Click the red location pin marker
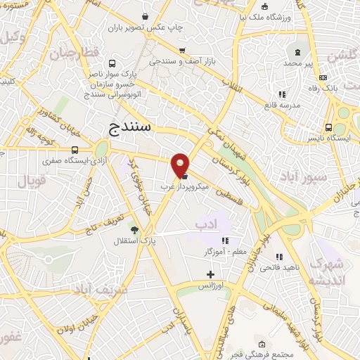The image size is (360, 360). pyautogui.click(x=181, y=164)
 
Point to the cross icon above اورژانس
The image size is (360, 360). pyautogui.click(x=210, y=274)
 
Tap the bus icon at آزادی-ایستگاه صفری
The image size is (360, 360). pyautogui.click(x=75, y=150)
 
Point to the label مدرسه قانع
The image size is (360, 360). pyautogui.click(x=282, y=105)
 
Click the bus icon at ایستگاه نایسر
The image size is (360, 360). pyautogui.click(x=329, y=127)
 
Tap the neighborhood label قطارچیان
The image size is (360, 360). pyautogui.click(x=71, y=52)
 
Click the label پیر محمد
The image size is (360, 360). pyautogui.click(x=298, y=63)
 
